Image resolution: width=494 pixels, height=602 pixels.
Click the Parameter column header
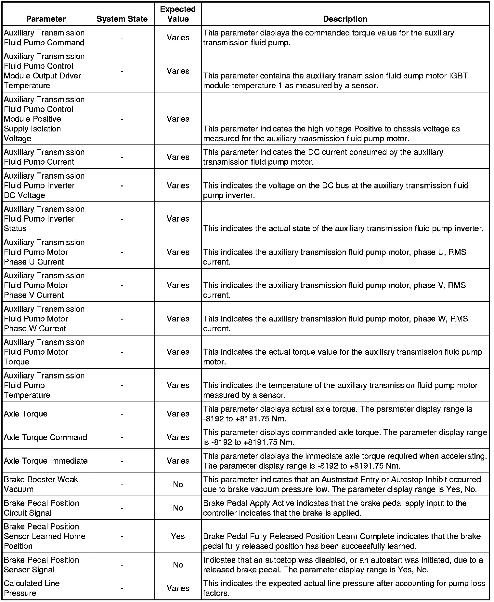[46, 19]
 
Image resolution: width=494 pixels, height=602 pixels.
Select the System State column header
[122, 19]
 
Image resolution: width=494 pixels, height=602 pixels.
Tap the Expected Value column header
[178, 14]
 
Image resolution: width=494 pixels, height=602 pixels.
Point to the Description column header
[345, 19]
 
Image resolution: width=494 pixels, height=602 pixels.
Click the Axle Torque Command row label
[45, 437]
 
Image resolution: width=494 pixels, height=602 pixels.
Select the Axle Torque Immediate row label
[45, 461]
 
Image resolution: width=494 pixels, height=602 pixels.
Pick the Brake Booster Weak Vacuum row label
[41, 484]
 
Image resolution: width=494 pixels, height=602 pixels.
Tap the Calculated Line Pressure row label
[32, 588]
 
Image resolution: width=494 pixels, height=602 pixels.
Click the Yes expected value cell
[178, 536]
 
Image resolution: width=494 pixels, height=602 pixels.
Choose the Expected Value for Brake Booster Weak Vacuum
[178, 485]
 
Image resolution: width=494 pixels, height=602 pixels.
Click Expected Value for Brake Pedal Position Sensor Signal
[178, 565]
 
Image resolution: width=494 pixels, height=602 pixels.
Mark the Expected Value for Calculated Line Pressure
[178, 588]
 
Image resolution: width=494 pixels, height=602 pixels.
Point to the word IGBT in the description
[458, 76]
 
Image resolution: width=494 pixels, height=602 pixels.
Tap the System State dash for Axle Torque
[122, 414]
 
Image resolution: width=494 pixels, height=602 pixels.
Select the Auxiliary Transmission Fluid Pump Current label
[44, 157]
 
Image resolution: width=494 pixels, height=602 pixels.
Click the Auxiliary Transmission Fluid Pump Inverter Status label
[44, 219]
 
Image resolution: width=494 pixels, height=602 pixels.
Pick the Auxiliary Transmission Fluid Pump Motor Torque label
[44, 352]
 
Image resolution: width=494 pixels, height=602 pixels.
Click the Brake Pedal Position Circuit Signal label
[41, 508]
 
